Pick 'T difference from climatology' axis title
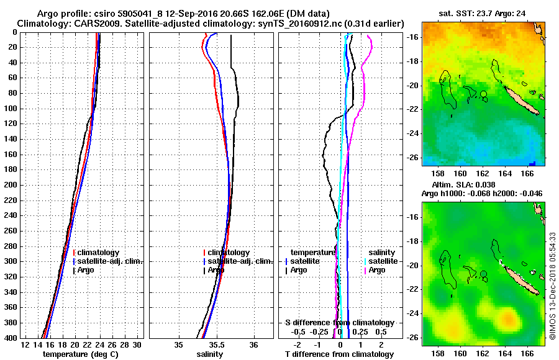[x=339, y=354]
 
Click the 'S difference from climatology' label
[x=339, y=323]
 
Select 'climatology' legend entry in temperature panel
[x=98, y=253]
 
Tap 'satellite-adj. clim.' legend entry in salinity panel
[x=238, y=261]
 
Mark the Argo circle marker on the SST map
[x=483, y=94]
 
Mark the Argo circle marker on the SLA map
[x=483, y=274]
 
